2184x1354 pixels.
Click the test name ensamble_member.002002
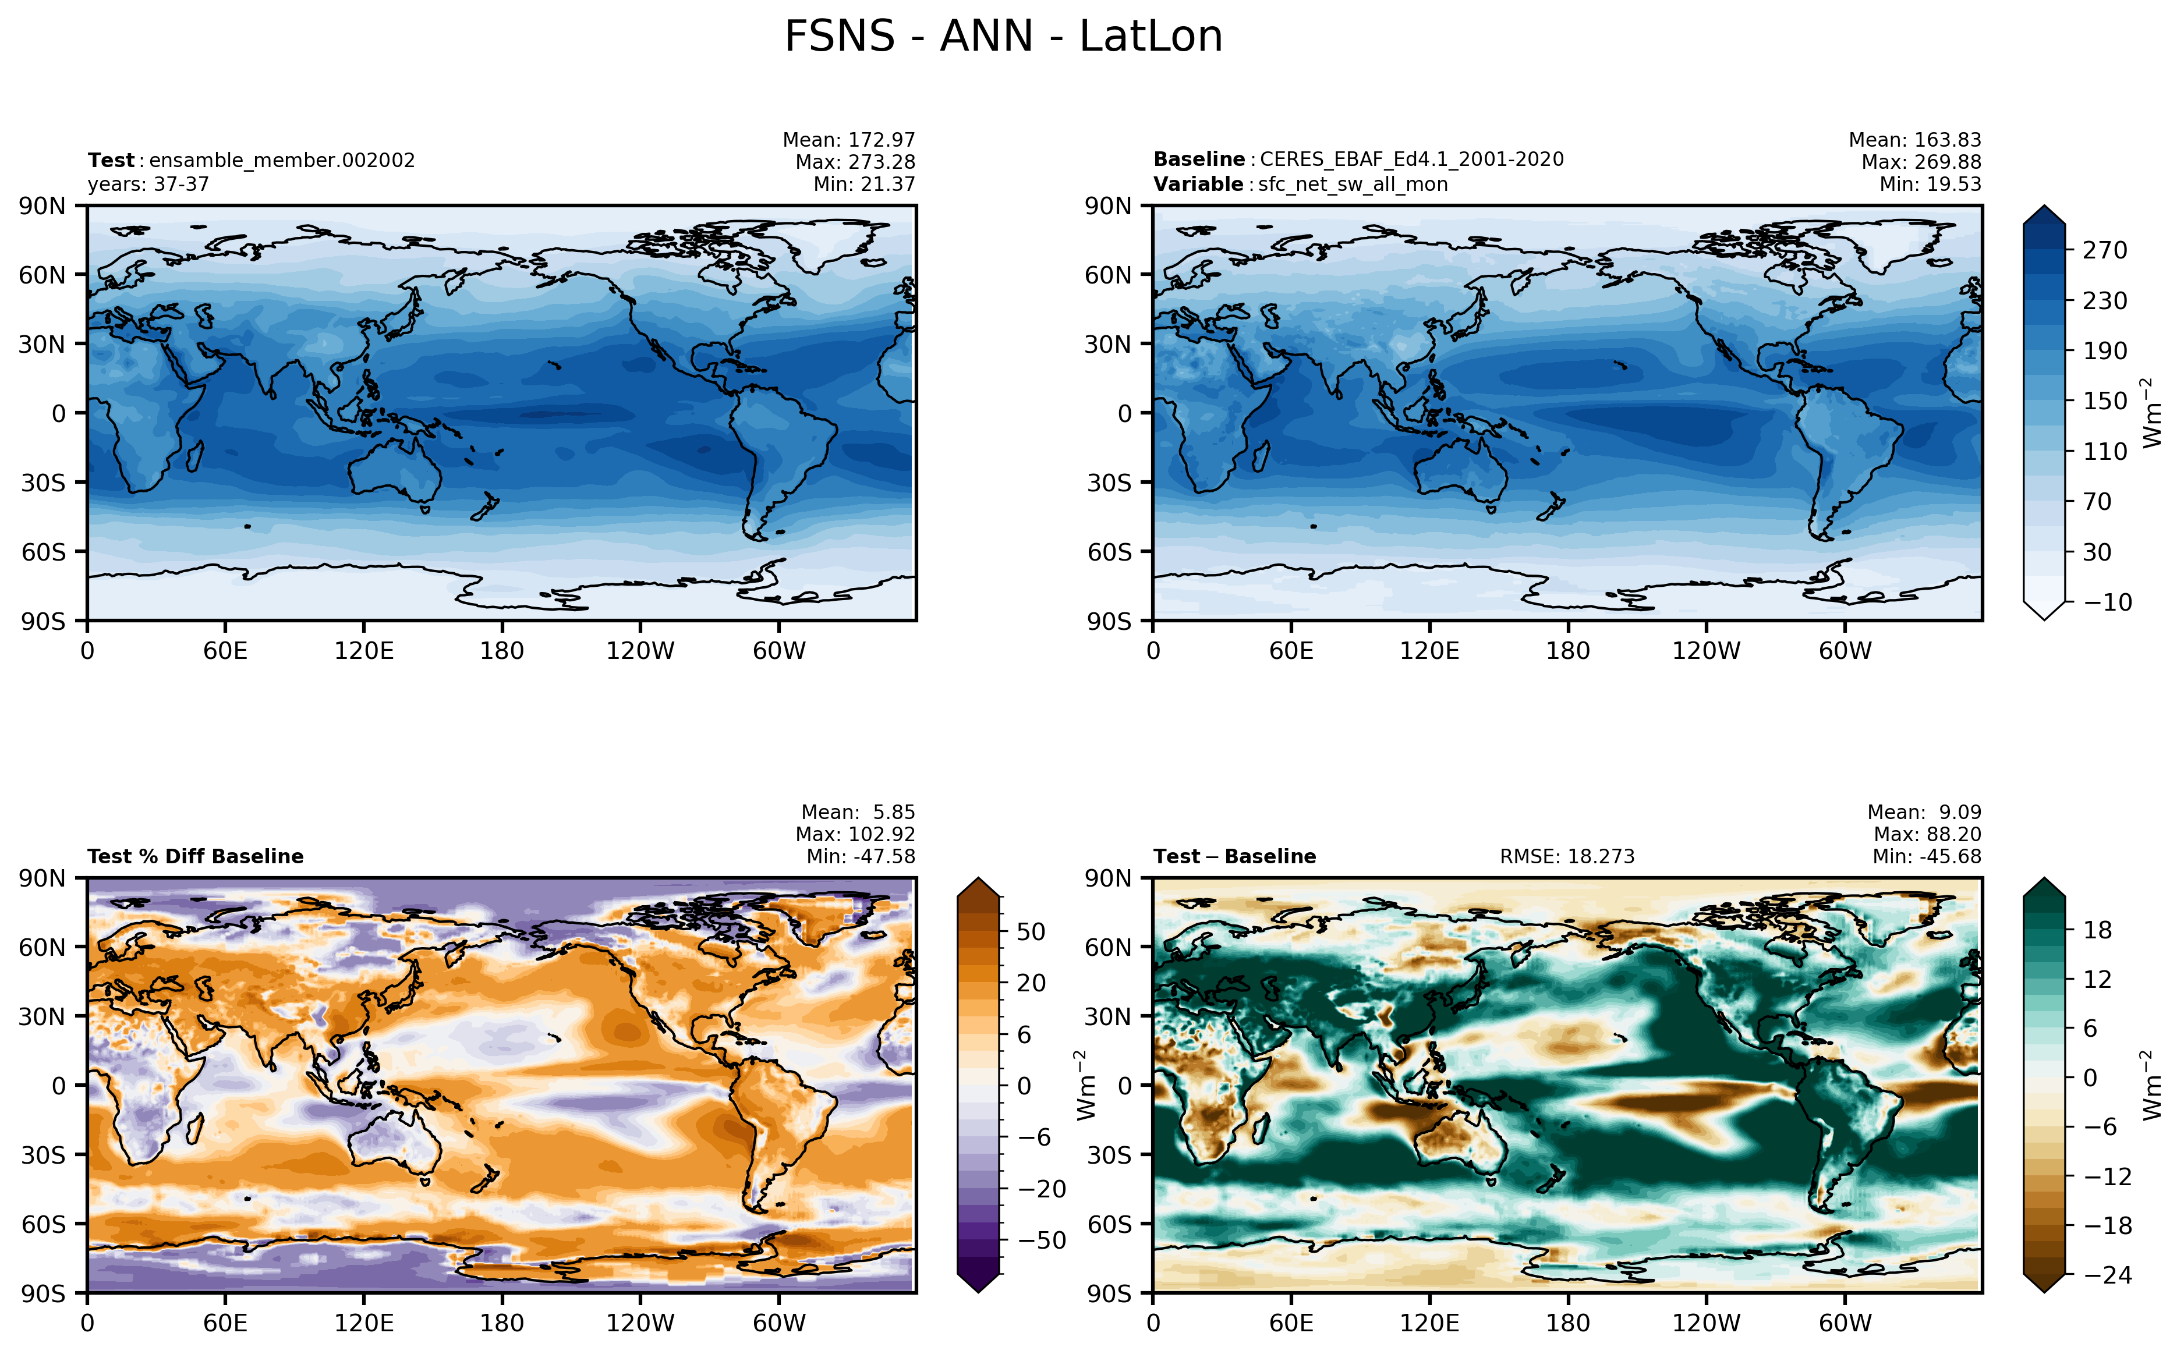[x=282, y=160]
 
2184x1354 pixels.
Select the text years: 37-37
[x=148, y=185]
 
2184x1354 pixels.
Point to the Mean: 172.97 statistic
[x=849, y=140]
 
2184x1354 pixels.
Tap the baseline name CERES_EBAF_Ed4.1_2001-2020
[x=1411, y=159]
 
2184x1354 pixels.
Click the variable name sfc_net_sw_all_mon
[x=1353, y=185]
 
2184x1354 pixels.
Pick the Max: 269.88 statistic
[x=1921, y=162]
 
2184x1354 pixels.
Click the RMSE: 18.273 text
[x=1567, y=857]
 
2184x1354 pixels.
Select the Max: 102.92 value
[x=856, y=835]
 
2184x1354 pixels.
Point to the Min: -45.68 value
[x=1927, y=857]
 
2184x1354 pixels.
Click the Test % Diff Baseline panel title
[x=195, y=857]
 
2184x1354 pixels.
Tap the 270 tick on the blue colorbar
[x=2104, y=250]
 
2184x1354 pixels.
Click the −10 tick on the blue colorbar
[x=2108, y=602]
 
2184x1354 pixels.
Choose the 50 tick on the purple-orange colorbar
[x=1031, y=932]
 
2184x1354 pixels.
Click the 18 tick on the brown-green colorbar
[x=2097, y=930]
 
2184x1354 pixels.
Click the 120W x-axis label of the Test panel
[x=640, y=651]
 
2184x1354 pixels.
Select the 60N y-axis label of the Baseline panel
[x=1107, y=275]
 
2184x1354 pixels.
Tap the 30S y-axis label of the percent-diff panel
[x=44, y=1155]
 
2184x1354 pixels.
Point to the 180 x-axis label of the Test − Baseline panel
[x=1568, y=1324]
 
